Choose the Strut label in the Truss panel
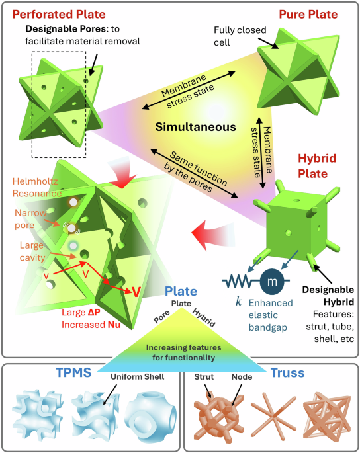tap(202, 380)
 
